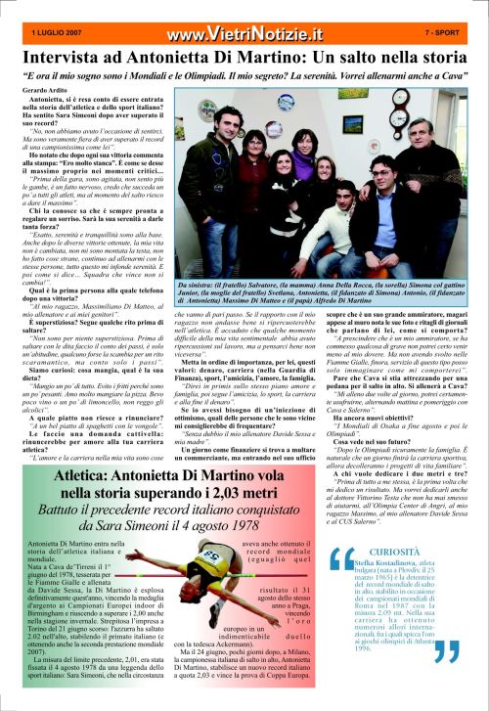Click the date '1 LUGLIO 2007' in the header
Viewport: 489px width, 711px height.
point(57,32)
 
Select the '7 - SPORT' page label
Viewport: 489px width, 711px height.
point(445,32)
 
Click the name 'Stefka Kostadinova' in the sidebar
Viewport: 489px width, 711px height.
point(384,565)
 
